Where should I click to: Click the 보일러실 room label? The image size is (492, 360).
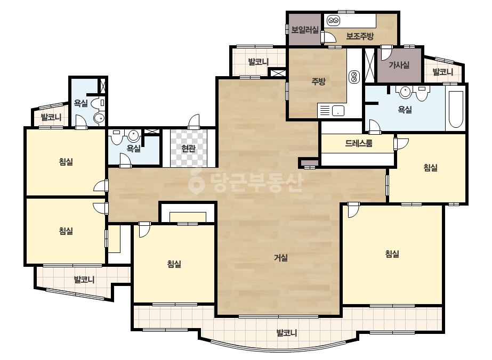pos(305,30)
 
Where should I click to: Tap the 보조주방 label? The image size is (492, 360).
pos(360,36)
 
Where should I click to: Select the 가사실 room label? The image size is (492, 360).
pos(399,65)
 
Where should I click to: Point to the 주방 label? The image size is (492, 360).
pos(318,81)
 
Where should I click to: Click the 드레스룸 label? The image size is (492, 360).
pos(359,143)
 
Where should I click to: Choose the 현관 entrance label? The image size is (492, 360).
pos(188,149)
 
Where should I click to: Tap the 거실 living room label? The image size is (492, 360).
pos(281,258)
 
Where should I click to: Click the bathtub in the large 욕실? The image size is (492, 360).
pos(456,109)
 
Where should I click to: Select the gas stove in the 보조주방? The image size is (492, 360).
pos(333,21)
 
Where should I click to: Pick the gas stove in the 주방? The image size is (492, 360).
pos(354,77)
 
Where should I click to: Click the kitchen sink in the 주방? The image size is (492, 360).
pos(338,111)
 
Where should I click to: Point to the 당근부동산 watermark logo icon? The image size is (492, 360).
pos(196,181)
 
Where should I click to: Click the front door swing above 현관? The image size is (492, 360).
pos(194,121)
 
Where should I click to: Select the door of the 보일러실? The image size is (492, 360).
pos(328,37)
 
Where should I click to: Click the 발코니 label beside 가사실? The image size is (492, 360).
pos(443,72)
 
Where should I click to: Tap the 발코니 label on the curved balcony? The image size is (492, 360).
pos(286,333)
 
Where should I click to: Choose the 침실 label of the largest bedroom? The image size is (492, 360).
pos(392,253)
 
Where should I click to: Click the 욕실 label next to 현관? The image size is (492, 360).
pos(133,149)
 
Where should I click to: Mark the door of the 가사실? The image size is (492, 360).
pos(386,53)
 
